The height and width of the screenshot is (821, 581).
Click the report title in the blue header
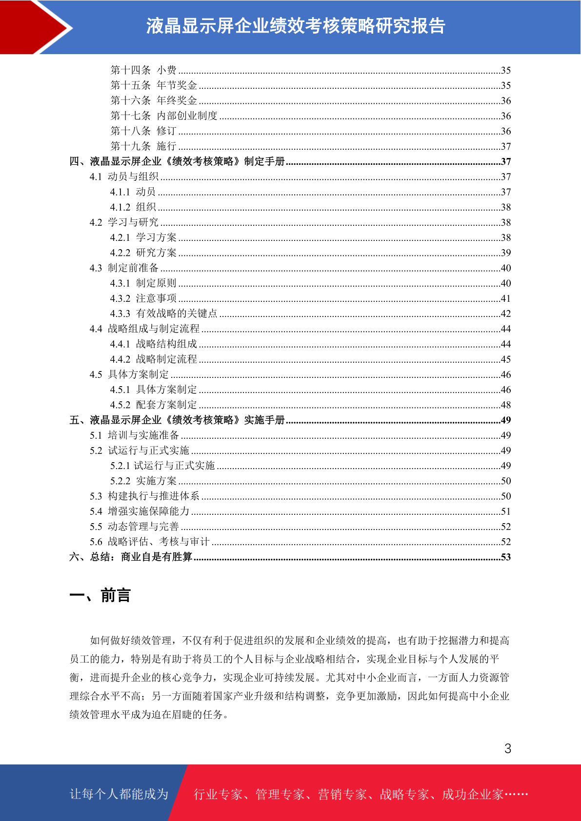[x=296, y=26]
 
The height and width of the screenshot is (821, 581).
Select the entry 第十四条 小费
[x=143, y=70]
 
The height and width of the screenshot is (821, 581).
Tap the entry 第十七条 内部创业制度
[x=164, y=116]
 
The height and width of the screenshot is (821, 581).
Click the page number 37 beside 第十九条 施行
[x=506, y=146]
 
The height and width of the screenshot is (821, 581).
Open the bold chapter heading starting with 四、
[x=177, y=161]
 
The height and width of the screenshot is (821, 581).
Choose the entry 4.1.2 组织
[x=133, y=207]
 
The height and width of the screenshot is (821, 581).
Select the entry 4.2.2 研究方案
[x=143, y=253]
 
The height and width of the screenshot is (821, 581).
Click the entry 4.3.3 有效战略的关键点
[x=163, y=313]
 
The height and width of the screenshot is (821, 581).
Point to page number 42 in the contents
[x=506, y=313]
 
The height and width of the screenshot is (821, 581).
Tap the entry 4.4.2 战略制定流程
[x=153, y=359]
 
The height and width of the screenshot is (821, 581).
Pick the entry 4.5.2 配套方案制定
[x=153, y=405]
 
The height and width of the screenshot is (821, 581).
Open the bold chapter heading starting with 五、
[x=177, y=420]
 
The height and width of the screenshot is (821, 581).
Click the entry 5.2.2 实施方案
[x=143, y=481]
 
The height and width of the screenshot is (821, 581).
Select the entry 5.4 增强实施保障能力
[x=140, y=511]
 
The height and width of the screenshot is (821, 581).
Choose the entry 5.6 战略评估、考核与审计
[x=149, y=542]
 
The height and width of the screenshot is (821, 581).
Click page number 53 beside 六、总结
[x=506, y=557]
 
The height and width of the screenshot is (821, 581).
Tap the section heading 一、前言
[x=100, y=595]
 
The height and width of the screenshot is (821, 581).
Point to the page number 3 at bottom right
[x=508, y=748]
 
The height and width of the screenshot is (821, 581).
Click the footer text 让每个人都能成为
[x=119, y=794]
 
